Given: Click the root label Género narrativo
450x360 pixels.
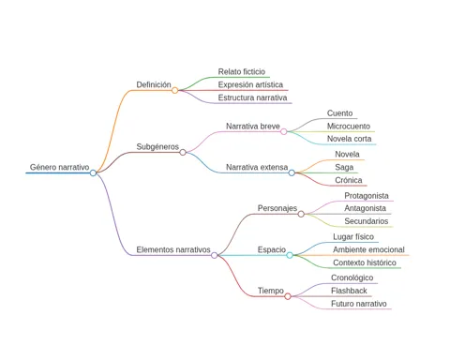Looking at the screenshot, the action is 59,167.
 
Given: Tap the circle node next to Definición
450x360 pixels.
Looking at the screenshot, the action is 175,90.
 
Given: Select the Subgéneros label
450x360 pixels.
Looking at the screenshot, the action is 157,146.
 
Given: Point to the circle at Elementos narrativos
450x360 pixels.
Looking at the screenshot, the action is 214,255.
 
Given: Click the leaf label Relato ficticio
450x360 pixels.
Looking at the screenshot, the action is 242,71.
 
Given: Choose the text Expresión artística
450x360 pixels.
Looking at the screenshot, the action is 250,84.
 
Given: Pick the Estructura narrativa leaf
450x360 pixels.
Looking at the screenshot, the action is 252,97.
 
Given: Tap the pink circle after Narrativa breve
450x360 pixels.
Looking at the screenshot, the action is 283,131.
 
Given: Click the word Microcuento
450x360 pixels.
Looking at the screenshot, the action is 349,127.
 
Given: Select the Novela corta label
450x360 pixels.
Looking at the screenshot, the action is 349,139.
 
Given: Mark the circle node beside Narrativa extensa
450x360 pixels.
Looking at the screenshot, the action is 292,172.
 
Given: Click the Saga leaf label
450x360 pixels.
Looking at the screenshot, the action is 344,168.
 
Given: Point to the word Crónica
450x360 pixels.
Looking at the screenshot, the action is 349,180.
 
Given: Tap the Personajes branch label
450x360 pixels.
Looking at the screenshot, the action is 277,208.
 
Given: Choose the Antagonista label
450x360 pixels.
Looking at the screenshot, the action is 365,208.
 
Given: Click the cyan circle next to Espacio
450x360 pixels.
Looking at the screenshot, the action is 290,255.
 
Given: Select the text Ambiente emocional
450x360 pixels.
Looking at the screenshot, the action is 368,249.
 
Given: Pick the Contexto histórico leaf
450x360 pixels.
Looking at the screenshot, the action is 365,262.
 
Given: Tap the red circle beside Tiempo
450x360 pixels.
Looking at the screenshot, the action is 288,296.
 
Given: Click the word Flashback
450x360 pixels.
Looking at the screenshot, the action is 349,291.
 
